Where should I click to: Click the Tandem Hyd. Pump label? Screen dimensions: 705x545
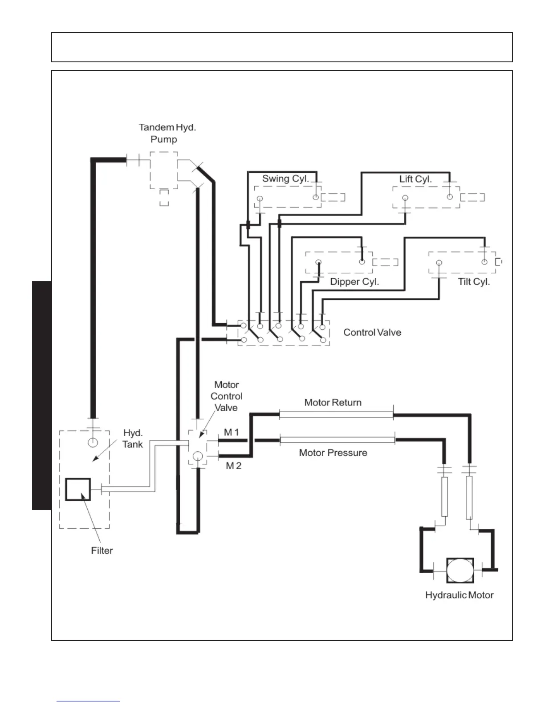[167, 133]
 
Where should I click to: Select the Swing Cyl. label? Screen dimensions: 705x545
[285, 179]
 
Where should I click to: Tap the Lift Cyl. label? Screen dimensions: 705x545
[415, 179]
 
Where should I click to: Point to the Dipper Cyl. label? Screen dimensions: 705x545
[354, 282]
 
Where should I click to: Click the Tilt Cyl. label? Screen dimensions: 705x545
[474, 282]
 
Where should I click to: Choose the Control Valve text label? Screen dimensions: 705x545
[372, 332]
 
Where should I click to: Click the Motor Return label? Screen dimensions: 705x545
[333, 402]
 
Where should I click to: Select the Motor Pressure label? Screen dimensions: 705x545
[333, 453]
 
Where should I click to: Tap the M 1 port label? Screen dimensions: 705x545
[232, 432]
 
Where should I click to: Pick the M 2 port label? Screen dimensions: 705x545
[233, 466]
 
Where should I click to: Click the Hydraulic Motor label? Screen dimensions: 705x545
[459, 595]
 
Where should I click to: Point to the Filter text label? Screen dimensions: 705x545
[102, 551]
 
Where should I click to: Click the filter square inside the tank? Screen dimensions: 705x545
[78, 490]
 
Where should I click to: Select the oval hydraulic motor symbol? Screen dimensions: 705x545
[460, 570]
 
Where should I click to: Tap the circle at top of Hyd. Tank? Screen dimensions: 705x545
[93, 442]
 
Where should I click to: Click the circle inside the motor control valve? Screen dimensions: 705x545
[198, 456]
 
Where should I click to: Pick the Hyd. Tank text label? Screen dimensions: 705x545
[133, 438]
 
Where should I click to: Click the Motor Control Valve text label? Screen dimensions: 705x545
[227, 396]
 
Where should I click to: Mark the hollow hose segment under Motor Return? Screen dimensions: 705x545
[336, 415]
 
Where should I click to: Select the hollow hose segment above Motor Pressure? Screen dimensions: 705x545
[337, 440]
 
